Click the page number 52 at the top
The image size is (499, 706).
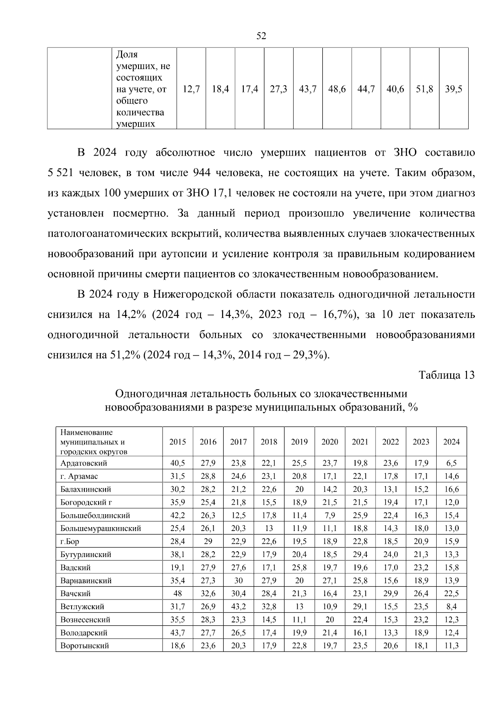pyautogui.click(x=261, y=36)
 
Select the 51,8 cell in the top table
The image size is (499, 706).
pyautogui.click(x=425, y=89)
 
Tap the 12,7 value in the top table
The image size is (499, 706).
pyautogui.click(x=191, y=89)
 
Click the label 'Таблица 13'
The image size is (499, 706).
pyautogui.click(x=447, y=375)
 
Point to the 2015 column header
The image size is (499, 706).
pyautogui.click(x=178, y=442)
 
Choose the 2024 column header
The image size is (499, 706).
pyautogui.click(x=451, y=442)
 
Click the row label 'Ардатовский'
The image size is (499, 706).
pyautogui.click(x=84, y=463)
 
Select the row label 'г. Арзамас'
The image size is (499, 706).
pyautogui.click(x=79, y=476)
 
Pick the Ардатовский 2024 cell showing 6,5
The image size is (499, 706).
pyautogui.click(x=451, y=463)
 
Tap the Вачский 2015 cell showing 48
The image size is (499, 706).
pyautogui.click(x=178, y=594)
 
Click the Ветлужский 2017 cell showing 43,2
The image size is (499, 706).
pyautogui.click(x=238, y=607)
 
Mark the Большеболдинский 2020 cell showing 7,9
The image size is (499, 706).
pyautogui.click(x=330, y=515)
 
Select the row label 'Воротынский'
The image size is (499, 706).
pyautogui.click(x=84, y=646)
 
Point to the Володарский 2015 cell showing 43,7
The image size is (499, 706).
pyautogui.click(x=178, y=633)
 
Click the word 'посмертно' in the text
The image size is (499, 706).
pyautogui.click(x=141, y=213)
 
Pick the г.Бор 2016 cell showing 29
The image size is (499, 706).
pyautogui.click(x=208, y=542)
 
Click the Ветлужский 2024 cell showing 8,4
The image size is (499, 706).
pyautogui.click(x=451, y=607)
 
